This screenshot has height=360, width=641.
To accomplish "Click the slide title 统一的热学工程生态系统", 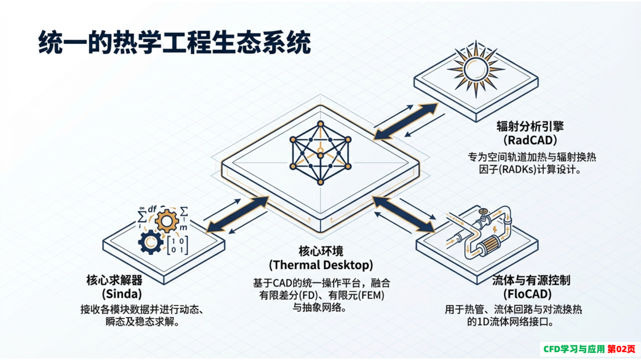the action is pos(174,43).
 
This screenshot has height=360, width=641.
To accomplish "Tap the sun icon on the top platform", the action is pos(476,69).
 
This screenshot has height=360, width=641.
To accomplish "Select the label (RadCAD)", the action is pos(530,140).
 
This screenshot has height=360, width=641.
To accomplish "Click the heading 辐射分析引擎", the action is pos(530,126).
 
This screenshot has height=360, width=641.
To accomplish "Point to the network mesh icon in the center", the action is pos(320,152).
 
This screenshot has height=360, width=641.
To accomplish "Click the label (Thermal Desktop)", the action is pos(321,265).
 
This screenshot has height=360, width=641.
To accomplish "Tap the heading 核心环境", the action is pos(321,251).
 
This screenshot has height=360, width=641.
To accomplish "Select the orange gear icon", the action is pos(166,221).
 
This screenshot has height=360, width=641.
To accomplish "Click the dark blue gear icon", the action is pos(150,243).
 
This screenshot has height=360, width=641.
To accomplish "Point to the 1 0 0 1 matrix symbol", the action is pos(177,245).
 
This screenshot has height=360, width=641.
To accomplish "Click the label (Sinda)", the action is pos(122,294).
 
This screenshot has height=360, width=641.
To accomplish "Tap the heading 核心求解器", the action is pos(115,280).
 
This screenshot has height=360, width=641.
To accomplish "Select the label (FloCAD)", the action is pos(528,294).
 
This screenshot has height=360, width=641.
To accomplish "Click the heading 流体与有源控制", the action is pos(531,280).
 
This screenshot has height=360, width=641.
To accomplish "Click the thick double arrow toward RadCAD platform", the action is pos(406,122).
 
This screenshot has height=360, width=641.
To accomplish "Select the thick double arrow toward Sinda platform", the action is pos(237,215).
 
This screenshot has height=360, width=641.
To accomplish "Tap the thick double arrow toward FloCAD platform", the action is pos(404,215).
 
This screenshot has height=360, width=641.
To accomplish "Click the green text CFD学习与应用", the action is pos(573,349).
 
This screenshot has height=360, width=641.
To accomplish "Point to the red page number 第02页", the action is pos(621,349).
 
